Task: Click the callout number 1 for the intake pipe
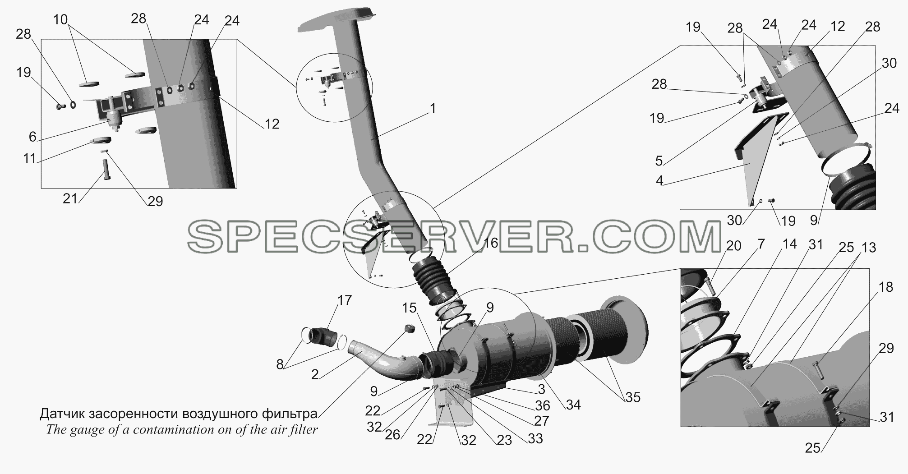coord(433,109)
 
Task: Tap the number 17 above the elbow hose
coord(345,300)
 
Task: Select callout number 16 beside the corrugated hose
coord(490,243)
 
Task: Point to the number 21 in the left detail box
coord(70,198)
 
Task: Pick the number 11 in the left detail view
coord(30,159)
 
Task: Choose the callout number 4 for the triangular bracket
coord(659,181)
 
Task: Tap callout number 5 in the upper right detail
coord(659,160)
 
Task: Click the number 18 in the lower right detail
coord(886,287)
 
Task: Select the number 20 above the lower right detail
coord(734,246)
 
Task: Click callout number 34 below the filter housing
coord(573,405)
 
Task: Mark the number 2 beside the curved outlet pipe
coord(315,374)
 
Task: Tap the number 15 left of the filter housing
coord(410,308)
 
